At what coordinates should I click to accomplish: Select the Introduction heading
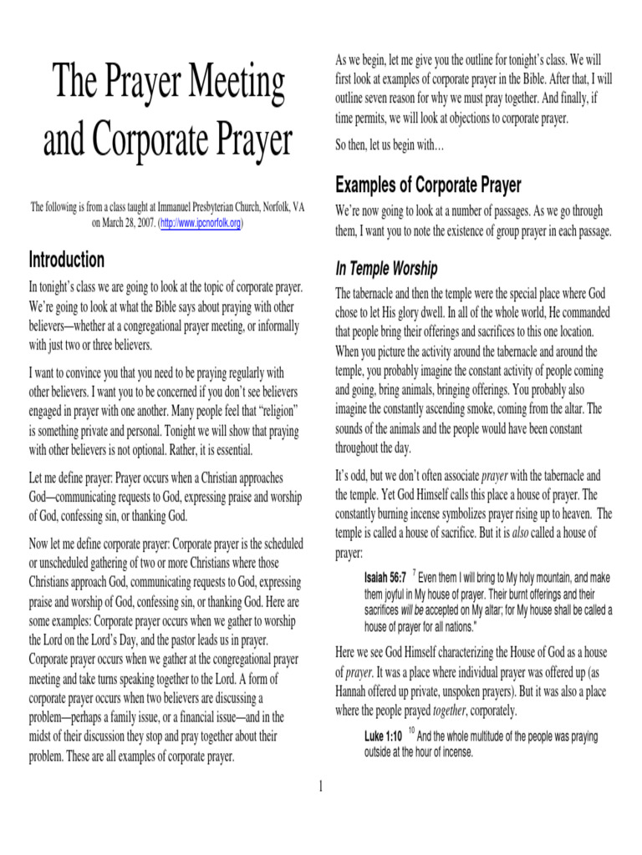[67, 259]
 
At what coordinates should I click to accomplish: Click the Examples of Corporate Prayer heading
[428, 185]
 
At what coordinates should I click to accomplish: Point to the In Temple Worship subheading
[386, 268]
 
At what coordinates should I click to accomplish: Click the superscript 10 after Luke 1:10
[411, 731]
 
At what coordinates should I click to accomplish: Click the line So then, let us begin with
[390, 145]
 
